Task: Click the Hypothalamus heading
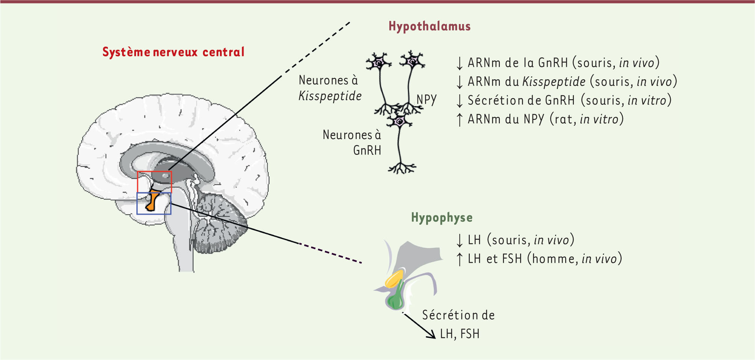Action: [x=430, y=26]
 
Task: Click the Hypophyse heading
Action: [x=442, y=218]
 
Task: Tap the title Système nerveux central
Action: [x=174, y=52]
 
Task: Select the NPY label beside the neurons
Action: [x=427, y=100]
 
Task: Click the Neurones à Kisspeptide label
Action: [x=330, y=88]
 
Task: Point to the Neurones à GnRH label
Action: [x=352, y=142]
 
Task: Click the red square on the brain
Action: [x=154, y=182]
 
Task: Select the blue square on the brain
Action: [x=154, y=203]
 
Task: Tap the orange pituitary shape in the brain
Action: [x=152, y=200]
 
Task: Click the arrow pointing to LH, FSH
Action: [x=419, y=325]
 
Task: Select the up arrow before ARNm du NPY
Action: [x=459, y=119]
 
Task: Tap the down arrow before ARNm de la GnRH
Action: [x=459, y=63]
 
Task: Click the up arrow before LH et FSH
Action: [x=459, y=259]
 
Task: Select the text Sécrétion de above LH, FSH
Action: [x=458, y=315]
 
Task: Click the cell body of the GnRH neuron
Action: [x=399, y=121]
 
